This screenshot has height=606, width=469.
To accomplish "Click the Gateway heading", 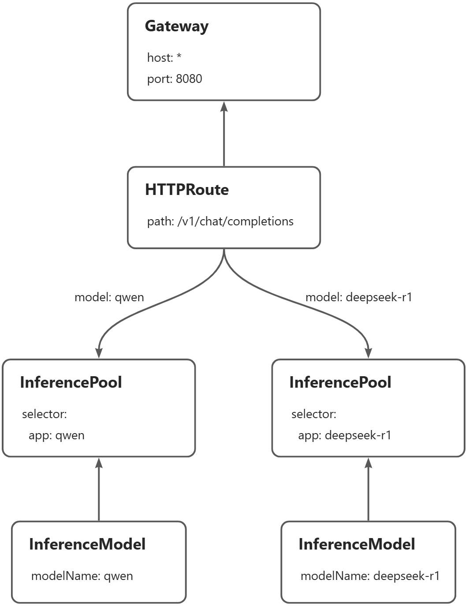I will coord(176,26).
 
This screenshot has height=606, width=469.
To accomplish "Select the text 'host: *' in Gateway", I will coord(164,58).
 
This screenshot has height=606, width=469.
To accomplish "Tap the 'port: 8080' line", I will coord(175,79).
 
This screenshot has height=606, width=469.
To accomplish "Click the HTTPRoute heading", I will coord(187,190).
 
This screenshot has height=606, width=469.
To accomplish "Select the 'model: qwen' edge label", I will coord(109,297).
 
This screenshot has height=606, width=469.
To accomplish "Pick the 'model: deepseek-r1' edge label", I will coord(359,297).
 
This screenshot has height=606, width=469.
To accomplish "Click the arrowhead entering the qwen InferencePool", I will coord(99,352).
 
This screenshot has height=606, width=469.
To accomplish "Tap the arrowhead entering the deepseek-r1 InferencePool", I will coord(368,352).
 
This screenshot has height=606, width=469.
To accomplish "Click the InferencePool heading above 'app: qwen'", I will coord(71,382).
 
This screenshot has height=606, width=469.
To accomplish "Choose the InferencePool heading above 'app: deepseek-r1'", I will coord(340,382).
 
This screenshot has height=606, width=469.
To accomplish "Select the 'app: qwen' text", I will coord(56,435).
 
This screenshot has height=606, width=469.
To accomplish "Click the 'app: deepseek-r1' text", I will coord(345,435).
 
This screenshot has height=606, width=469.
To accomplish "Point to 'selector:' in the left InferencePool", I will coord(45,414).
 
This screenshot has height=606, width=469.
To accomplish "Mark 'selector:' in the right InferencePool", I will coord(314,414).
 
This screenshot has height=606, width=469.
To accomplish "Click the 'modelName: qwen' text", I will coord(82,576).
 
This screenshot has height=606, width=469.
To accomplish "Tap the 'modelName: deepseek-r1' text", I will coord(370,576).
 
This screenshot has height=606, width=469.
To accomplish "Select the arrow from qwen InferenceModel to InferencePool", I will coord(99,490).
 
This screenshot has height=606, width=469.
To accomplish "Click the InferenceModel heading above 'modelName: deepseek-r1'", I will coord(357,544).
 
